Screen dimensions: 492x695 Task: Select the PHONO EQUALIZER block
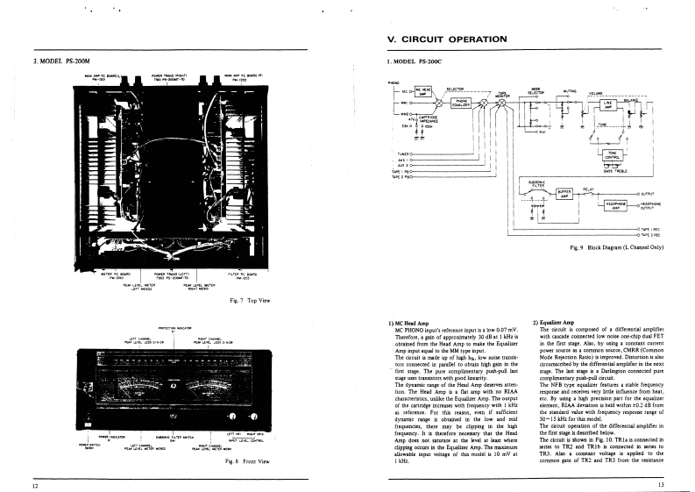tap(462, 103)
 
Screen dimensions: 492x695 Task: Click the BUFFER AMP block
tap(564, 193)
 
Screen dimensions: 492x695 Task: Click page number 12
tap(36, 485)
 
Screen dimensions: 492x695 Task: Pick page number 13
tap(660, 485)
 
